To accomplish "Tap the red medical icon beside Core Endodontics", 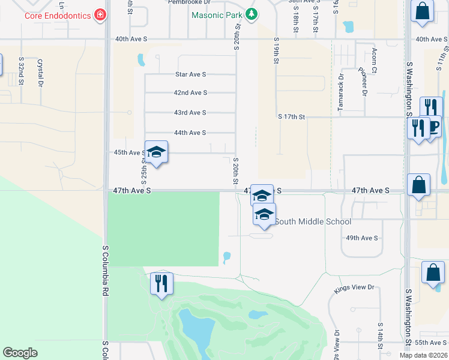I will point(100,14).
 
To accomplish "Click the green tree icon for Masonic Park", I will point(253,14).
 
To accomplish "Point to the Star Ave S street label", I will point(190,74).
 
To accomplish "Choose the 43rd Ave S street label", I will point(190,113).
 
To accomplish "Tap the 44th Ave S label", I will point(190,133).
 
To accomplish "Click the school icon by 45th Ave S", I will point(156,152).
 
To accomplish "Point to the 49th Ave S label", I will point(362,238).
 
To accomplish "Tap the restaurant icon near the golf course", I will point(161,283).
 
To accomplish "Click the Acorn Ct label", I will point(374,61).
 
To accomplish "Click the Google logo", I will point(20,353).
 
